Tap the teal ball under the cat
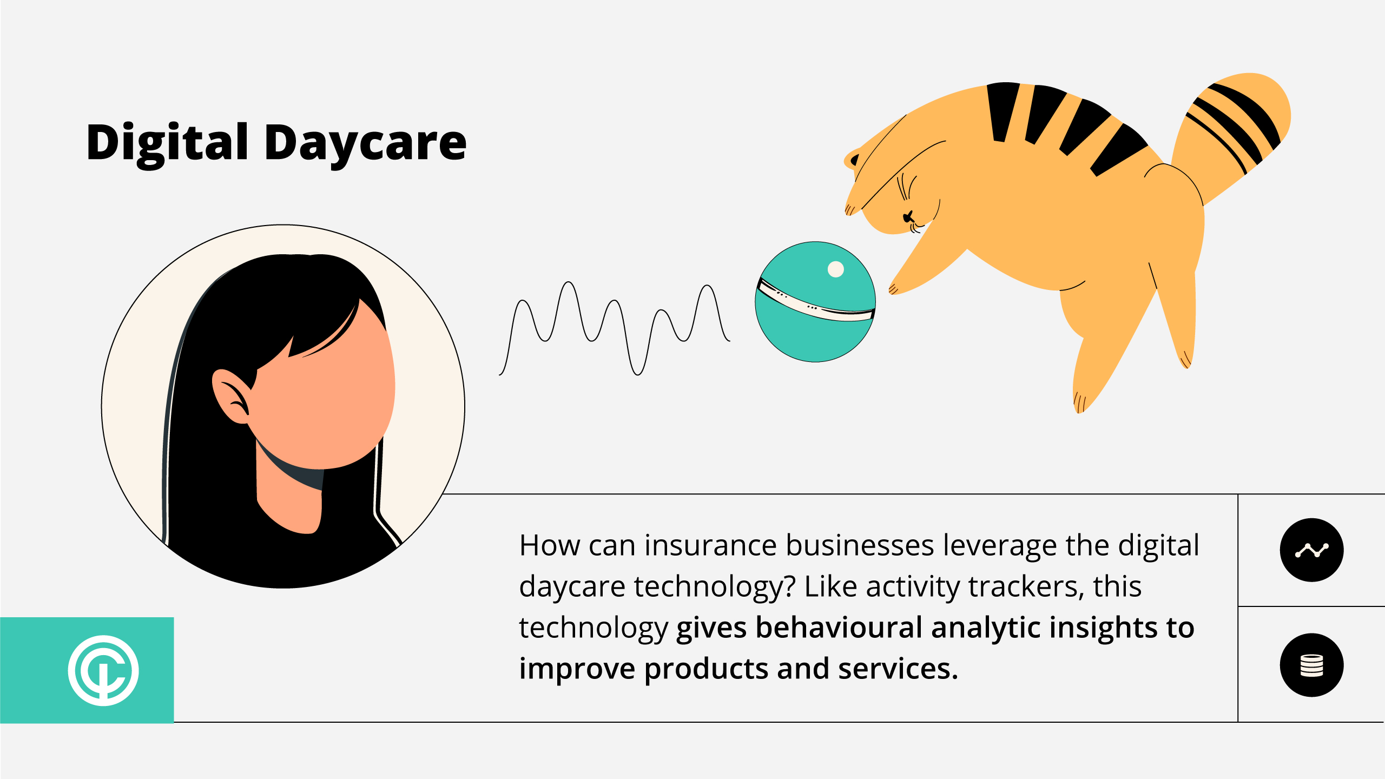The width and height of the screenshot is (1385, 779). pyautogui.click(x=815, y=302)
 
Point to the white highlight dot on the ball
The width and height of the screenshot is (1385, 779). pyautogui.click(x=836, y=269)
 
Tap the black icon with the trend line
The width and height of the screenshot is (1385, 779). pyautogui.click(x=1311, y=550)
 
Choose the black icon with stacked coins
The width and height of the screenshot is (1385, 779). pyautogui.click(x=1311, y=665)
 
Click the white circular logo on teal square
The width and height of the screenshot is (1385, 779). pyautogui.click(x=103, y=670)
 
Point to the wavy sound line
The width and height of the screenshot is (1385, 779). pyautogui.click(x=615, y=328)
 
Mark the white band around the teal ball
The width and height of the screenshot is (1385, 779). pyautogui.click(x=815, y=302)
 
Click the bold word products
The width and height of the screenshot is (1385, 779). pyautogui.click(x=706, y=670)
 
